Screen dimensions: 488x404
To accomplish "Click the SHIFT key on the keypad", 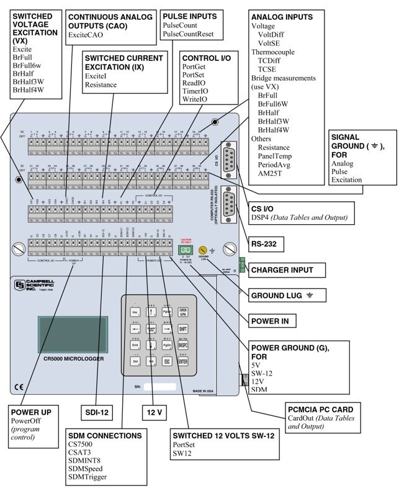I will point(183,328).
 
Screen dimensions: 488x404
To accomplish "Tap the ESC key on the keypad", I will point(166,360).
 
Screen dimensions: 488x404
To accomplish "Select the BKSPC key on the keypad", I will point(183,344).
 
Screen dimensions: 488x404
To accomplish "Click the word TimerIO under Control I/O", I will point(195,91).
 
